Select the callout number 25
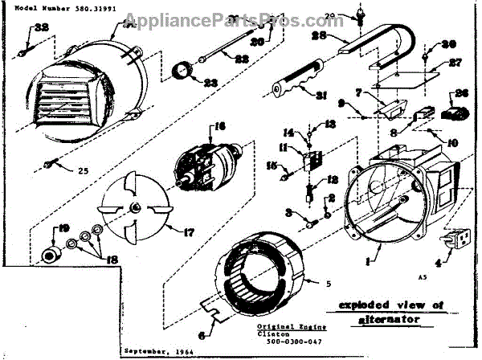83,170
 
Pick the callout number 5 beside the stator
327,282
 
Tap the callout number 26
462,93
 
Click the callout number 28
317,36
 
